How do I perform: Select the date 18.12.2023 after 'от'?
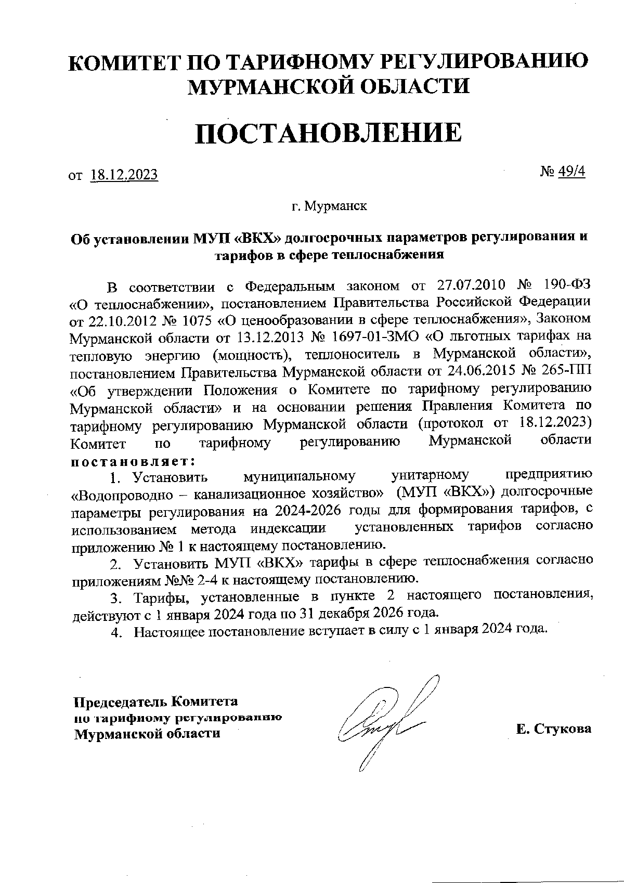point(124,175)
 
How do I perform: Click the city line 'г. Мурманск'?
point(329,206)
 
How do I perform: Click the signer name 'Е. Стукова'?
point(554,729)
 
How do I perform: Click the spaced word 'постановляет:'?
point(133,461)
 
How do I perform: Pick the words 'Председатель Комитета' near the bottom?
point(155,702)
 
